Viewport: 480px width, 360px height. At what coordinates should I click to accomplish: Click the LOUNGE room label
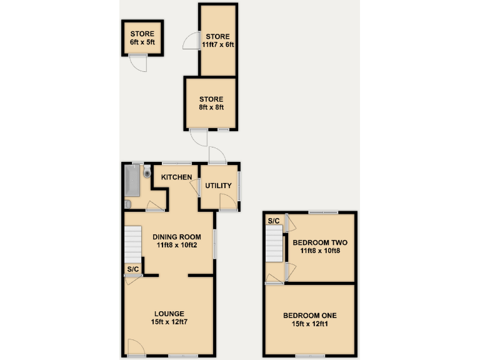pos(169,313)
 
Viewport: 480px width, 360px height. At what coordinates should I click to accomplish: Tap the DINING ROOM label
pos(177,237)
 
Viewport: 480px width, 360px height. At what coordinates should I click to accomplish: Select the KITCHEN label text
pos(177,177)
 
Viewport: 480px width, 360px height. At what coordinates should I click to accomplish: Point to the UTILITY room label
pos(218,186)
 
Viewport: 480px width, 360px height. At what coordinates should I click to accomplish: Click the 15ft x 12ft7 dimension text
pos(169,322)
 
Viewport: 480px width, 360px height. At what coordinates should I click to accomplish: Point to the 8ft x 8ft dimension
pos(211,107)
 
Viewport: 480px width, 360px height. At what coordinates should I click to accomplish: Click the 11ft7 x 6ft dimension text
pos(217,44)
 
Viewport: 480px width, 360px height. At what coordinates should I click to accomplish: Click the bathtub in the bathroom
pos(132,181)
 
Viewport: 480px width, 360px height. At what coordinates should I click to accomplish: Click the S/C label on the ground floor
pos(132,269)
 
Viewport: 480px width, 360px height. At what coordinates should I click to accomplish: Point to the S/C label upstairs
pos(273,221)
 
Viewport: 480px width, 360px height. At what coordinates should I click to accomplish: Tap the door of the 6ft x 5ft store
pos(139,62)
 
